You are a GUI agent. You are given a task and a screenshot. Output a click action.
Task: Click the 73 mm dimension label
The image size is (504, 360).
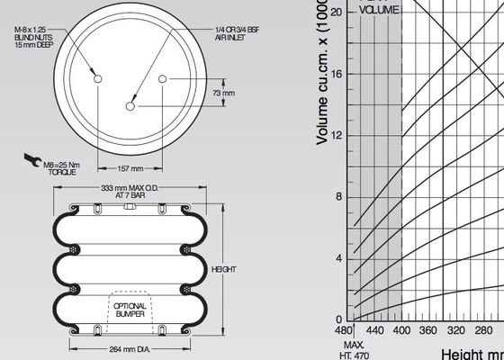[x=222, y=93]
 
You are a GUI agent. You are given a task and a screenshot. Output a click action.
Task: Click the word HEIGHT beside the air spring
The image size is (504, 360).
[x=222, y=269]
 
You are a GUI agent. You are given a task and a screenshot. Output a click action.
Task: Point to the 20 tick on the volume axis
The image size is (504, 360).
[x=337, y=12]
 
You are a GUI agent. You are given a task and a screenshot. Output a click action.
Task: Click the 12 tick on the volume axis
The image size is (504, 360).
[x=337, y=135]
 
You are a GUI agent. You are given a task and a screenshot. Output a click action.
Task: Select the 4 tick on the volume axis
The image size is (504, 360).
[x=339, y=258]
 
